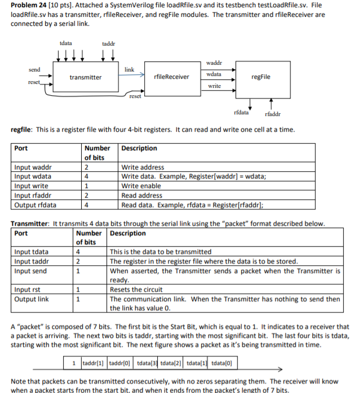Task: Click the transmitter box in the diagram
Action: pyautogui.click(x=85, y=77)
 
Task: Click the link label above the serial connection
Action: pyautogui.click(x=130, y=70)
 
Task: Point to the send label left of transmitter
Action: pyautogui.click(x=34, y=70)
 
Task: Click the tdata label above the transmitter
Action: pyautogui.click(x=65, y=43)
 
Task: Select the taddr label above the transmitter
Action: pyautogui.click(x=109, y=43)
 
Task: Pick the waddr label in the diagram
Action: pyautogui.click(x=214, y=62)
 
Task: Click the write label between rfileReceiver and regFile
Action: pyautogui.click(x=214, y=86)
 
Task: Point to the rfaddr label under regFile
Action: pyautogui.click(x=272, y=114)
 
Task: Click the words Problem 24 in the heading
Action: pyautogui.click(x=30, y=6)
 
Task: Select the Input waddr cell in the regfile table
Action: pyautogui.click(x=34, y=167)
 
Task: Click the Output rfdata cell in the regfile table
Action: pyautogui.click(x=36, y=206)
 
